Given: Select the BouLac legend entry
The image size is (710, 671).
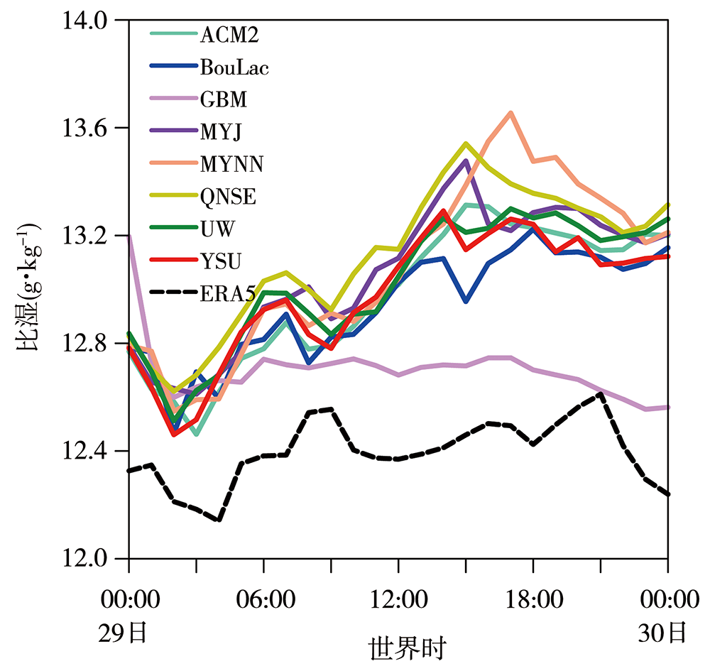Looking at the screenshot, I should click(x=235, y=67).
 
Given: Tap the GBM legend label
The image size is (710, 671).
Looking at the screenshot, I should click(x=224, y=99).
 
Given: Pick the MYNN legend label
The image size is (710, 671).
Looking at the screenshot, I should click(x=231, y=165).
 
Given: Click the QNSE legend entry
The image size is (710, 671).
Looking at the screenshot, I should click(x=228, y=197).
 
